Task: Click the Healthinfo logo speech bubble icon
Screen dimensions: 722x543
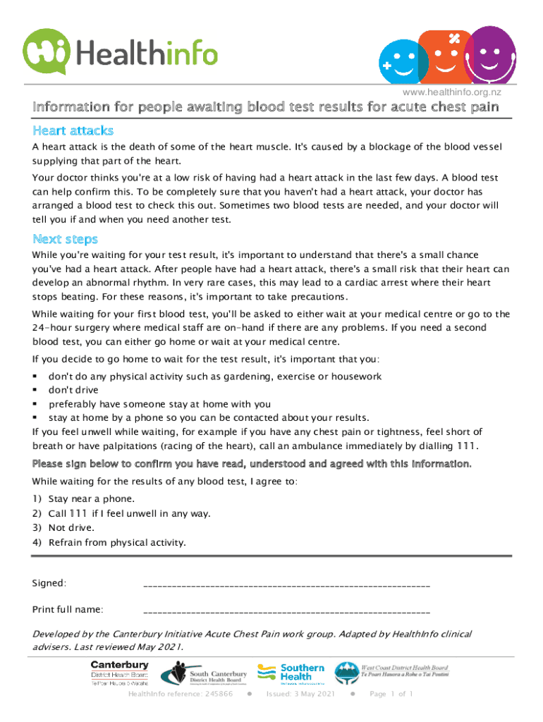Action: [x=47, y=50]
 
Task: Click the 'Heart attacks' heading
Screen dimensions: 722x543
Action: [x=73, y=131]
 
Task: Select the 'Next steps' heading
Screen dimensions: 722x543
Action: [x=65, y=239]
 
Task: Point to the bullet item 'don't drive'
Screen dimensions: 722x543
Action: [x=73, y=390]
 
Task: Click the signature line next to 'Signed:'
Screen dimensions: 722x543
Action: [x=286, y=585]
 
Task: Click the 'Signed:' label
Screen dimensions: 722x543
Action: [x=50, y=583]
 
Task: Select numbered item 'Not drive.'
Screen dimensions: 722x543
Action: [x=71, y=527]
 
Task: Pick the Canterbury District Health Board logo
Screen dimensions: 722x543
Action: [x=119, y=673]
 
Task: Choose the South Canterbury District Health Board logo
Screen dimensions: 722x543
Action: [x=205, y=674]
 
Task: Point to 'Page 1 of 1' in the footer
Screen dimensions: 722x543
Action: [x=391, y=695]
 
